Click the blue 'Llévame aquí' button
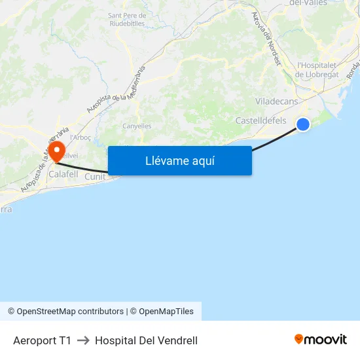(179, 160)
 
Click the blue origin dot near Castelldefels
(303, 124)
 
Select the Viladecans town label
(276, 101)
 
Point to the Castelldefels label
(261, 120)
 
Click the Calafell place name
(63, 175)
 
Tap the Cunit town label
(95, 177)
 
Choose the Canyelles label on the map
(137, 126)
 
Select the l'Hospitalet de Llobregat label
(317, 69)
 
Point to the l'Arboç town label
(80, 137)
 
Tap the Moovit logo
(320, 339)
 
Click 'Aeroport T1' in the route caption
(42, 340)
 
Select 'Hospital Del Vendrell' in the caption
(146, 340)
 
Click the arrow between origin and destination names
(83, 340)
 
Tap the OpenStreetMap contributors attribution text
(65, 312)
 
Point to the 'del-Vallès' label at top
(308, 3)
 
